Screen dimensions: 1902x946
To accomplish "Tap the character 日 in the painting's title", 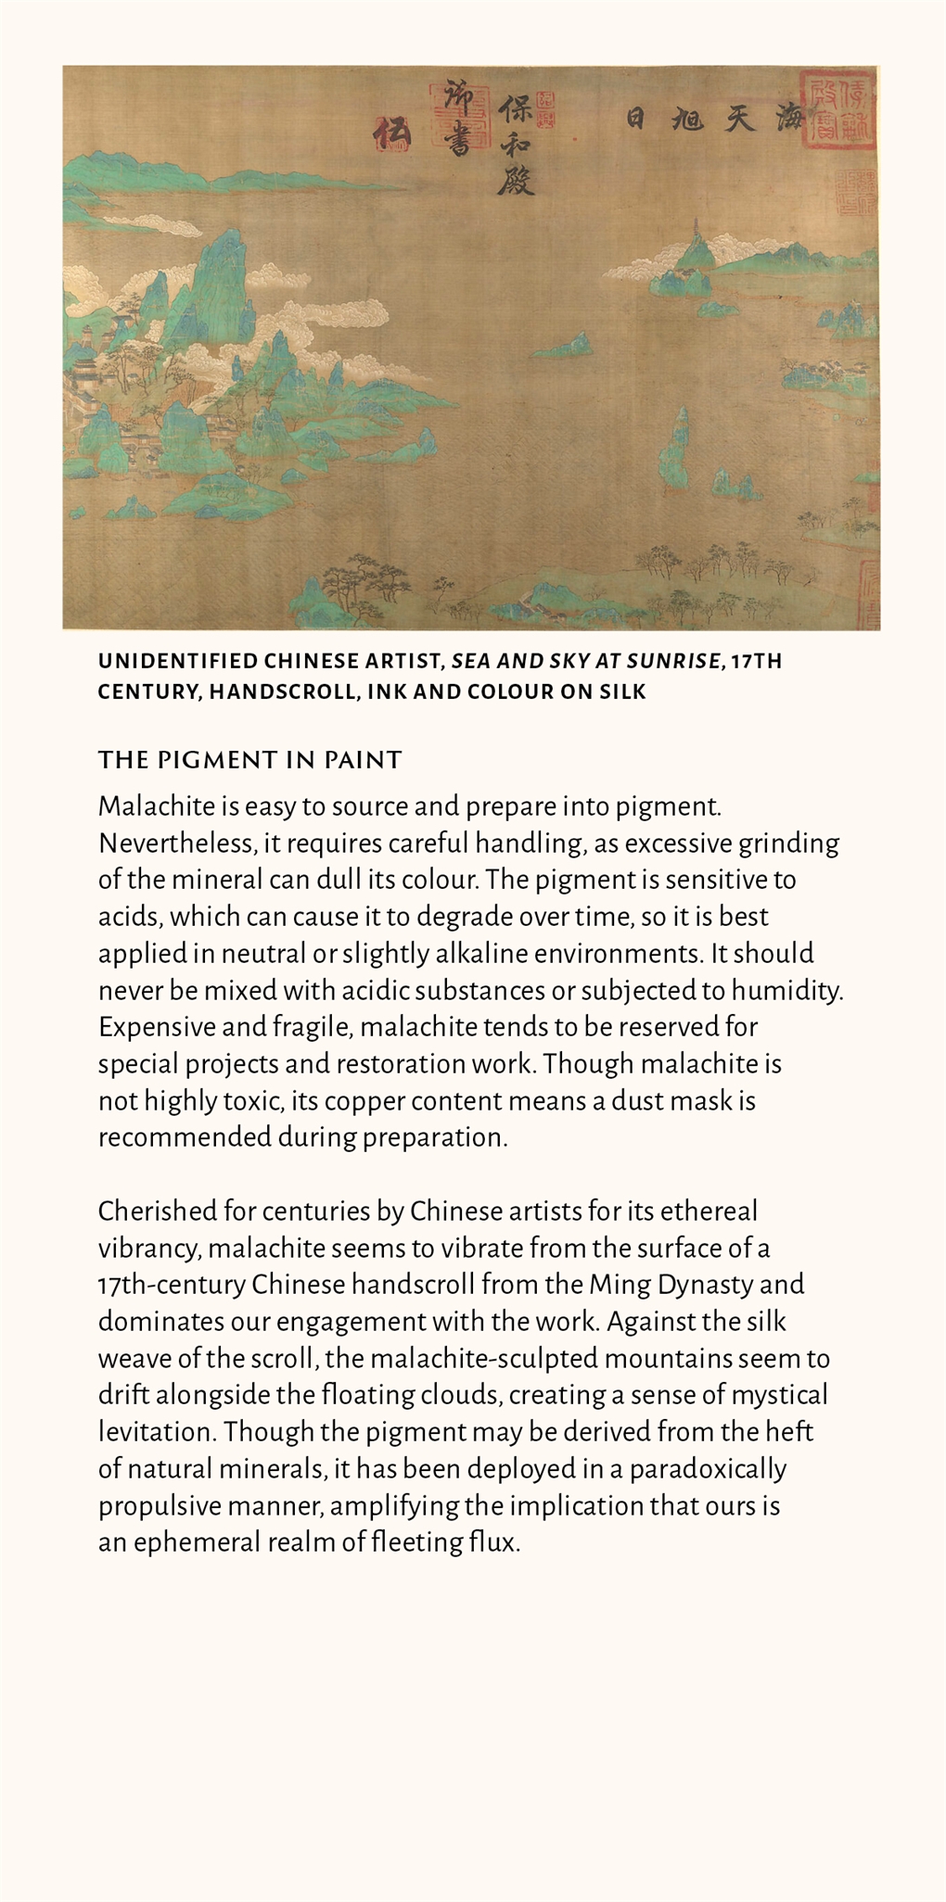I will click(x=635, y=119).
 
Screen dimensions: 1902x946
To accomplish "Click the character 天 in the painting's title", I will click(x=739, y=119).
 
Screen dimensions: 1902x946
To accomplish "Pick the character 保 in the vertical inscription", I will click(x=515, y=110).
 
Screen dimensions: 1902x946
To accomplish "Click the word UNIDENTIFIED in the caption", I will click(x=177, y=661).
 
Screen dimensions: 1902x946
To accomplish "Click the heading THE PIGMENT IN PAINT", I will click(x=249, y=760).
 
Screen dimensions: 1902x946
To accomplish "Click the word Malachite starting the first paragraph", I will click(x=144, y=805).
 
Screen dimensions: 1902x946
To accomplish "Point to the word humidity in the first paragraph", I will click(x=786, y=990).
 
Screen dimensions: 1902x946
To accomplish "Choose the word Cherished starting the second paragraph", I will click(x=157, y=1211).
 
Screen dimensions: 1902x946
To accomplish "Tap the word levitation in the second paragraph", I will click(x=157, y=1432).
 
